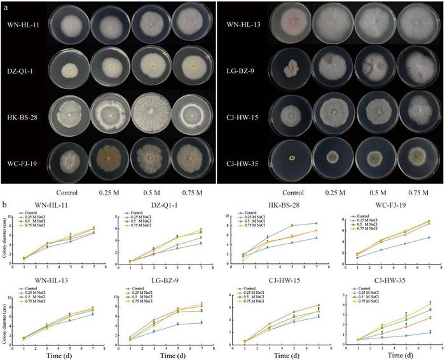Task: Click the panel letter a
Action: click(x=5, y=5)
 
